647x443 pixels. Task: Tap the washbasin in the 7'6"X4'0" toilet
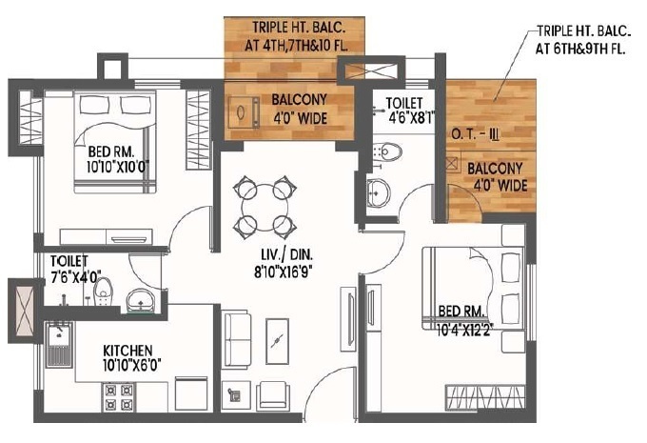141,298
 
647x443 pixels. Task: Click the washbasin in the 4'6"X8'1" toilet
378,190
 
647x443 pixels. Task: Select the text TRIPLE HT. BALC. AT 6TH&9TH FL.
580,41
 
